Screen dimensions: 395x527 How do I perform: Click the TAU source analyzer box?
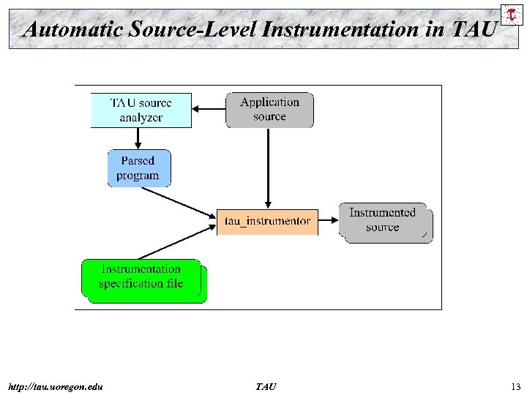pos(141,110)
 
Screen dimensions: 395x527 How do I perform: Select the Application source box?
pos(269,110)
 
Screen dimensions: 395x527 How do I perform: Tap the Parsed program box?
pos(138,168)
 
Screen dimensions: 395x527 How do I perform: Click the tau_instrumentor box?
pos(267,220)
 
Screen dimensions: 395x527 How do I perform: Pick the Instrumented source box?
pos(383,220)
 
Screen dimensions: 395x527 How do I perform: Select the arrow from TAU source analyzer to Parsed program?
pos(138,138)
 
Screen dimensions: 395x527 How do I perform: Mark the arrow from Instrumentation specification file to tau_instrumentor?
pos(176,242)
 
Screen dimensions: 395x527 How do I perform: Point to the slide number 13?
pos(515,386)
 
